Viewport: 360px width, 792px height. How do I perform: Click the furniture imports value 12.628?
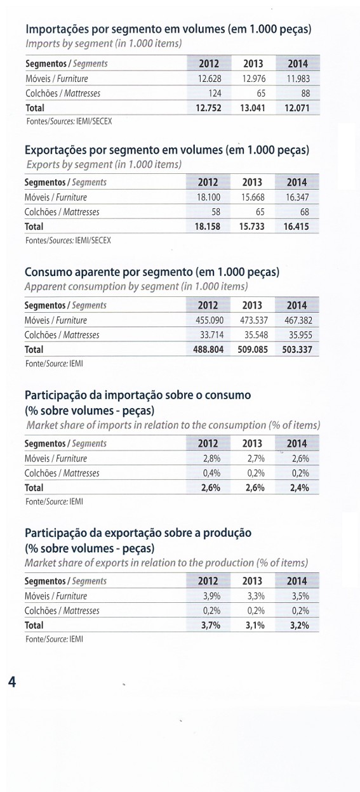pyautogui.click(x=210, y=79)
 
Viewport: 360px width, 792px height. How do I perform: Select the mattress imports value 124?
pyautogui.click(x=215, y=93)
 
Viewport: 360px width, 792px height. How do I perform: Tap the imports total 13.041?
pyautogui.click(x=253, y=108)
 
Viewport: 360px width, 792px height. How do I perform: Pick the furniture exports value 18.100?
pyautogui.click(x=208, y=197)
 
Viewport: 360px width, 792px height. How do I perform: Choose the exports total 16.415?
pyautogui.click(x=297, y=227)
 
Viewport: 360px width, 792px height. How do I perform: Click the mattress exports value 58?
pyautogui.click(x=216, y=212)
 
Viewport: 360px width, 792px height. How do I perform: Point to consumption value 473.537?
pyautogui.click(x=254, y=320)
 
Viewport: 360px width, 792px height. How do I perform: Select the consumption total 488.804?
pyautogui.click(x=209, y=350)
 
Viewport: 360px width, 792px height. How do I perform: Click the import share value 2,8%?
pyautogui.click(x=212, y=459)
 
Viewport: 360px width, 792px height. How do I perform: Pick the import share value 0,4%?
pyautogui.click(x=212, y=473)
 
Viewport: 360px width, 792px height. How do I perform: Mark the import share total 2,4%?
pyautogui.click(x=300, y=488)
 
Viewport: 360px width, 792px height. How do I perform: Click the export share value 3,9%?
pyautogui.click(x=212, y=596)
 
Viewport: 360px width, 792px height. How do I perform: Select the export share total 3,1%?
pyautogui.click(x=255, y=626)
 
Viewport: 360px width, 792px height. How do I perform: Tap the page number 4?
pyautogui.click(x=12, y=682)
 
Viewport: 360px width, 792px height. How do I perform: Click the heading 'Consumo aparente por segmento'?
pyautogui.click(x=108, y=272)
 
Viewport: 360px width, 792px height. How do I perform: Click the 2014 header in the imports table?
pyautogui.click(x=298, y=63)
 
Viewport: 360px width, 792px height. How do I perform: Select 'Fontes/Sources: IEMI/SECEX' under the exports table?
pyautogui.click(x=68, y=241)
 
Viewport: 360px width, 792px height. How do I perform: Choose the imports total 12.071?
pyautogui.click(x=297, y=108)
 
